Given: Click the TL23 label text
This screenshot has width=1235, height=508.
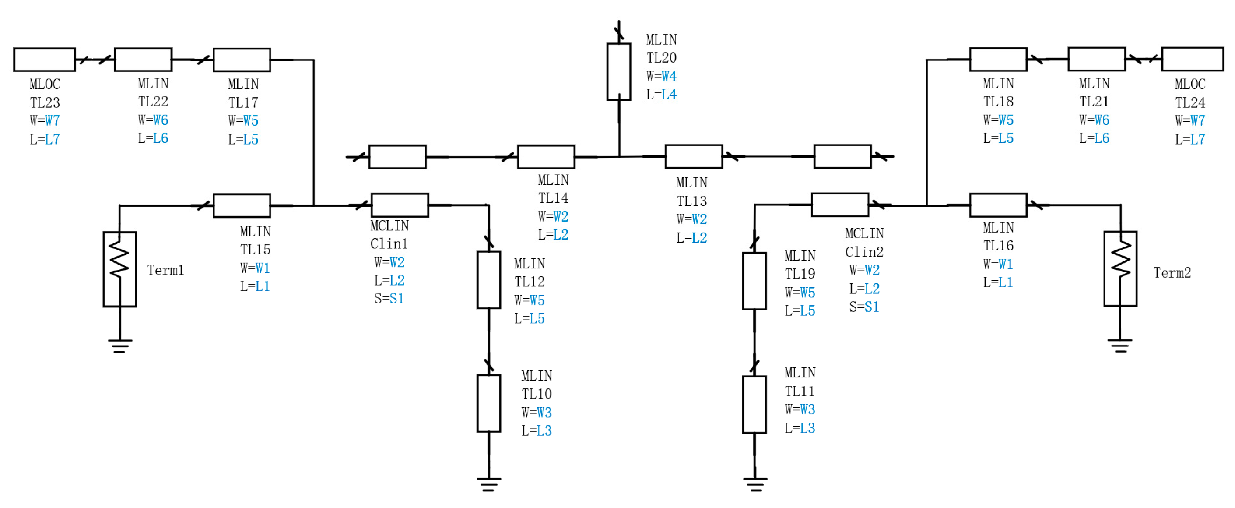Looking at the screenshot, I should point(45,102).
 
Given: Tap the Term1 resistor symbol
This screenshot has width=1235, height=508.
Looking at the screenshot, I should point(119,269).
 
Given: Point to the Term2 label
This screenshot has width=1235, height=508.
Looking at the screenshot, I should point(1172,273).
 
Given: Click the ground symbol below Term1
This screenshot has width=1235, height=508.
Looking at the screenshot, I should point(119,346).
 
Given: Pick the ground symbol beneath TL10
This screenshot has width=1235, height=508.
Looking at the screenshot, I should point(488,484).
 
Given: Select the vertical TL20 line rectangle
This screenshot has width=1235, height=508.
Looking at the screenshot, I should point(618,72).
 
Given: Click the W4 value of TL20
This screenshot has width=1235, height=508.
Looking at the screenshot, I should point(669,76).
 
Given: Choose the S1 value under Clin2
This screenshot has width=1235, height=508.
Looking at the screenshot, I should point(872,307).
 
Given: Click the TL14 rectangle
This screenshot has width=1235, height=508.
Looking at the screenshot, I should point(546,157).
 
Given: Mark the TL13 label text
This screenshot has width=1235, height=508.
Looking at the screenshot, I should point(691,201).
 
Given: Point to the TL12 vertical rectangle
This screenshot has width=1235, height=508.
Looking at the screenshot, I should point(488,280).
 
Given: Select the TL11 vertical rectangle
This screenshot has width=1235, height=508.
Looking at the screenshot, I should point(754,404).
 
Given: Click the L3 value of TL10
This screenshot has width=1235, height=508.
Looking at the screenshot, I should point(544,431).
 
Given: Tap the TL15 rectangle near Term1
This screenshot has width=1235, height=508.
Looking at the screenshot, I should point(242,206).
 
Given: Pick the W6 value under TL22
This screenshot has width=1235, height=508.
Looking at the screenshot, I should point(161,120).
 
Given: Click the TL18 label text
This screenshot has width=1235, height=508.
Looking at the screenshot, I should point(998,102).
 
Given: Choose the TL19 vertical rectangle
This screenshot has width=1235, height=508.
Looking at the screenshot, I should point(754,281).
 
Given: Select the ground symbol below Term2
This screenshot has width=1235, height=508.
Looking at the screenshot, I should point(1120,346).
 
